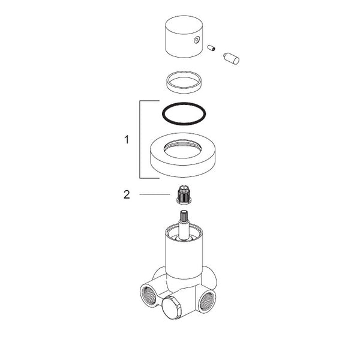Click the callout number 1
coord(127,140)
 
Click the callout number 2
coord(127,194)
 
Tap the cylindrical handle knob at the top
coord(184,37)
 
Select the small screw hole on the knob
coord(197,40)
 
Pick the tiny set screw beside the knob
coord(211,48)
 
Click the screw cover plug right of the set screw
coord(231,59)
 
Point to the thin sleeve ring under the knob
coord(184,82)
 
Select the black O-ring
coord(184,113)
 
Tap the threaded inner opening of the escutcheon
coord(183,149)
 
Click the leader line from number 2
coord(155,194)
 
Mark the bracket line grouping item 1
coord(140,139)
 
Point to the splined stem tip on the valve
coord(184,216)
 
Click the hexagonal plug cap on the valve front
coord(171,308)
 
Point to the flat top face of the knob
coord(184,25)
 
